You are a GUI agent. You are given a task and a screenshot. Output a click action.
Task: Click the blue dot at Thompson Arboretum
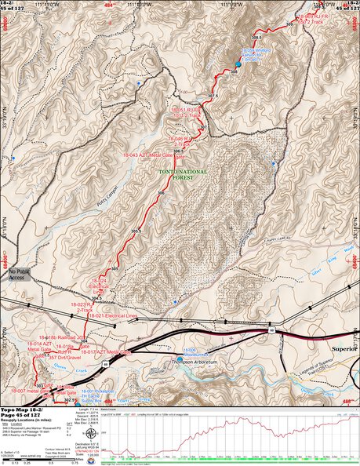click(179, 359)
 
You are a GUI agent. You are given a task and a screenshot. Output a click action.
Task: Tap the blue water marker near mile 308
click(238, 64)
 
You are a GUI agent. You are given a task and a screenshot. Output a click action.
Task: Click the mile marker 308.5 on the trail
click(256, 37)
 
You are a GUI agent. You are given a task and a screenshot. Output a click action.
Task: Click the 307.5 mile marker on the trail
click(211, 96)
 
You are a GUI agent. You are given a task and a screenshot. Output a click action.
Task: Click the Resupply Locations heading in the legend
click(31, 423)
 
